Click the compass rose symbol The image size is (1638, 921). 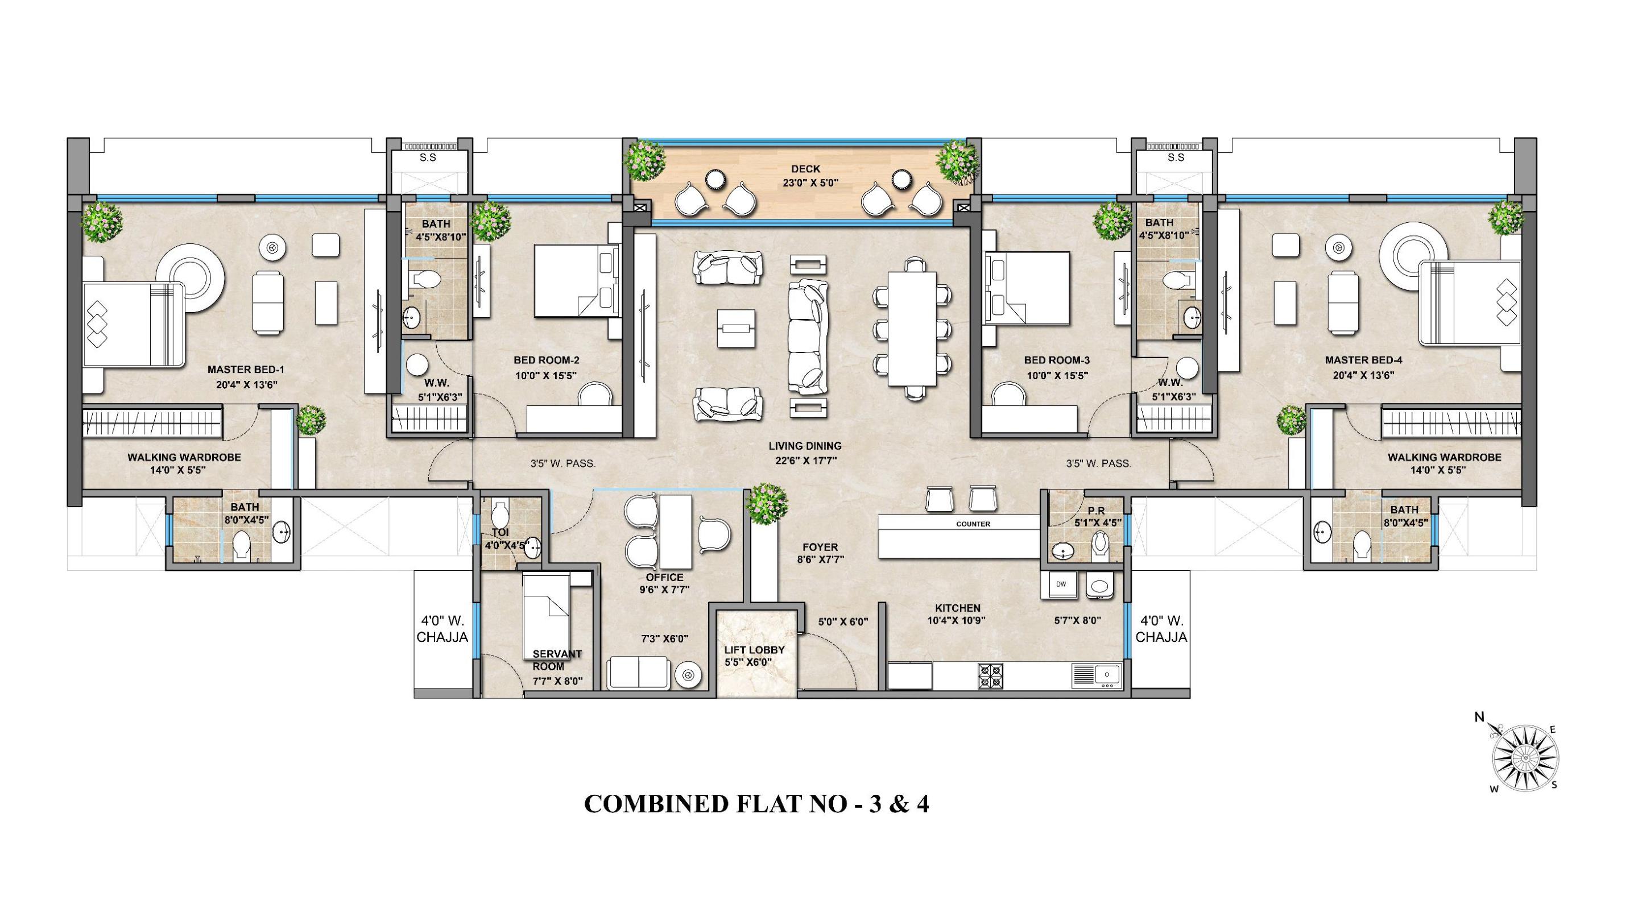[x=1525, y=759]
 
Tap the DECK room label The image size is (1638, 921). [x=806, y=169]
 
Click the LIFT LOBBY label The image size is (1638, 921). [x=754, y=650]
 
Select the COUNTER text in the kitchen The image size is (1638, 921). [x=973, y=524]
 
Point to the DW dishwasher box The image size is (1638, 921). [x=1061, y=584]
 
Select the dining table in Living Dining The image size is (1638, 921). [x=912, y=329]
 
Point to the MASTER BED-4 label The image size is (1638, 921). [x=1363, y=360]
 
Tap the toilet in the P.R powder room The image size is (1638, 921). [x=1101, y=546]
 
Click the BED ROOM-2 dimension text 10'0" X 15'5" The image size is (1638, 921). [x=547, y=376]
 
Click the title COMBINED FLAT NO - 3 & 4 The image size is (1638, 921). [x=756, y=804]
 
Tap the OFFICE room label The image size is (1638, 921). [x=664, y=577]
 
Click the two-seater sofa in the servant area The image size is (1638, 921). [x=638, y=673]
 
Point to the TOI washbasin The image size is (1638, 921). [x=533, y=546]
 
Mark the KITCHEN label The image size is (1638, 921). [x=958, y=608]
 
